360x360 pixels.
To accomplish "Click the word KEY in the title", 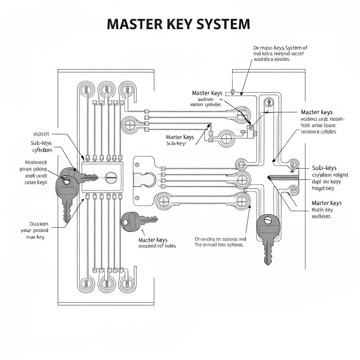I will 176,24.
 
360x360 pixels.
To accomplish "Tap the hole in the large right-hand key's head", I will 268,221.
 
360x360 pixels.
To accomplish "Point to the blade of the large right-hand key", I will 268,251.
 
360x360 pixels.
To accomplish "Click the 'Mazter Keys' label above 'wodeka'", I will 317,112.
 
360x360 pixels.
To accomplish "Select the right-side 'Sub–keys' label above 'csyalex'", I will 324,168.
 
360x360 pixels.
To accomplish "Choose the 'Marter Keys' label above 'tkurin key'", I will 327,203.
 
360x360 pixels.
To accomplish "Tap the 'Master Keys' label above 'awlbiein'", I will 207,93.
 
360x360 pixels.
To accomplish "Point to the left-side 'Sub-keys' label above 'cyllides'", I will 41,143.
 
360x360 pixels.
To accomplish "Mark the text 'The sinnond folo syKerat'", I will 219,244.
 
